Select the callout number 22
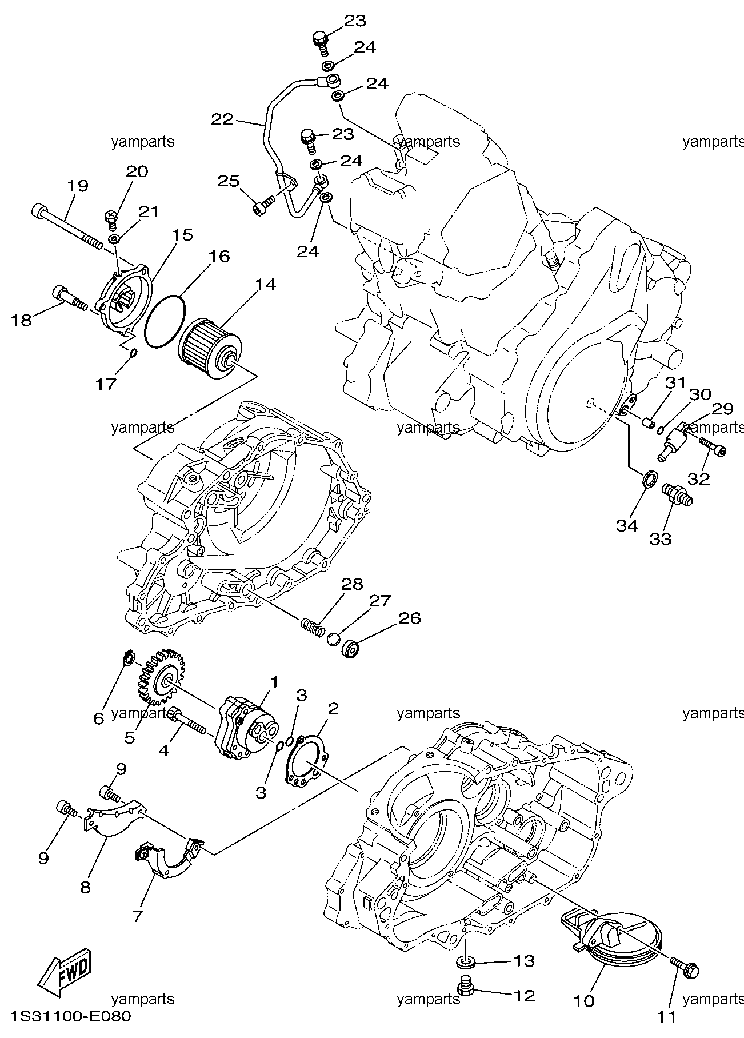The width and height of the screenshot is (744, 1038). click(223, 120)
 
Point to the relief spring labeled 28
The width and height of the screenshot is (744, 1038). click(313, 626)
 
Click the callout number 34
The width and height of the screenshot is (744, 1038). click(626, 525)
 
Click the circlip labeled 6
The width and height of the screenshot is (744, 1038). click(128, 658)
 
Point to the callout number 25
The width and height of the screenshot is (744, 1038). click(229, 181)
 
